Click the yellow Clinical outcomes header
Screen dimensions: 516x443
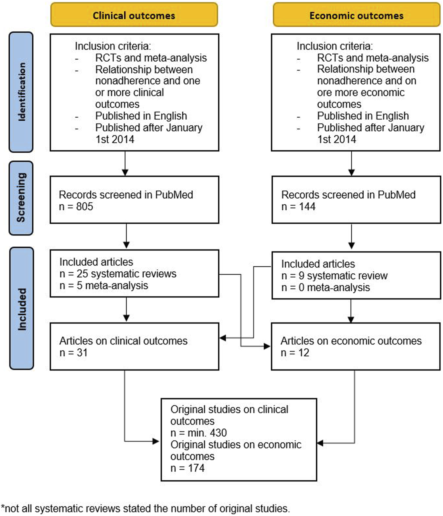tap(134, 15)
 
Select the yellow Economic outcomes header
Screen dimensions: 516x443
tap(356, 15)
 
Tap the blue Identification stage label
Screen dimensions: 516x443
tap(21, 92)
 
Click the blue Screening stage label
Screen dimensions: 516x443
tap(21, 198)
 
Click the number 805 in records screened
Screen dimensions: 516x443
tap(85, 206)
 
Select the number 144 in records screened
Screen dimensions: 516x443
tap(307, 206)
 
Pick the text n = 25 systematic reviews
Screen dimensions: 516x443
tap(118, 274)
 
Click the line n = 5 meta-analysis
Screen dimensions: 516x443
tap(104, 285)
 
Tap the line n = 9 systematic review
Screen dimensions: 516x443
tap(334, 276)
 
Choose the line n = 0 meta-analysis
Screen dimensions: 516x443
tap(325, 287)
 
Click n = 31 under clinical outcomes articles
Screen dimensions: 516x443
tap(74, 352)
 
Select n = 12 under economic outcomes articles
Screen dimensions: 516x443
tap(295, 352)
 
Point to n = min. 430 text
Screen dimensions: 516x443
tap(198, 433)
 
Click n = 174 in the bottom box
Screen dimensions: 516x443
tap(187, 468)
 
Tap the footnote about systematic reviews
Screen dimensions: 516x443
tap(145, 508)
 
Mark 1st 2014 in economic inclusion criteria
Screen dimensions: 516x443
tap(337, 139)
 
